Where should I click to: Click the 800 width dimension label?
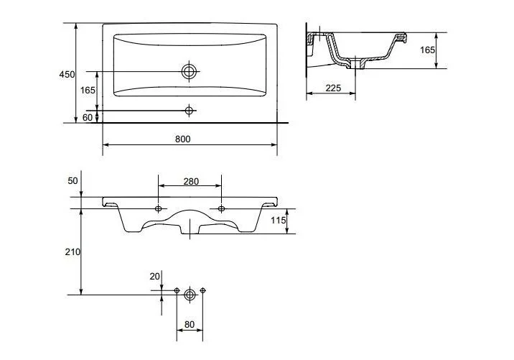[x=182, y=139]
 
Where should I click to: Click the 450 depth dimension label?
[x=67, y=75]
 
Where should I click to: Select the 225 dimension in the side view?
[x=333, y=88]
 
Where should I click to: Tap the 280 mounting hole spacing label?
[x=191, y=181]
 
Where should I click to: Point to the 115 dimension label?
[x=278, y=220]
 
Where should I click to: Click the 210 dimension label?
[x=73, y=252]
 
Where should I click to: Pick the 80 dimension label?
[x=189, y=324]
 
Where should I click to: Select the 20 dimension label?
[x=155, y=277]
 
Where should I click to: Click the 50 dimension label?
[x=73, y=181]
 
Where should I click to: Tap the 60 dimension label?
[x=88, y=117]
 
